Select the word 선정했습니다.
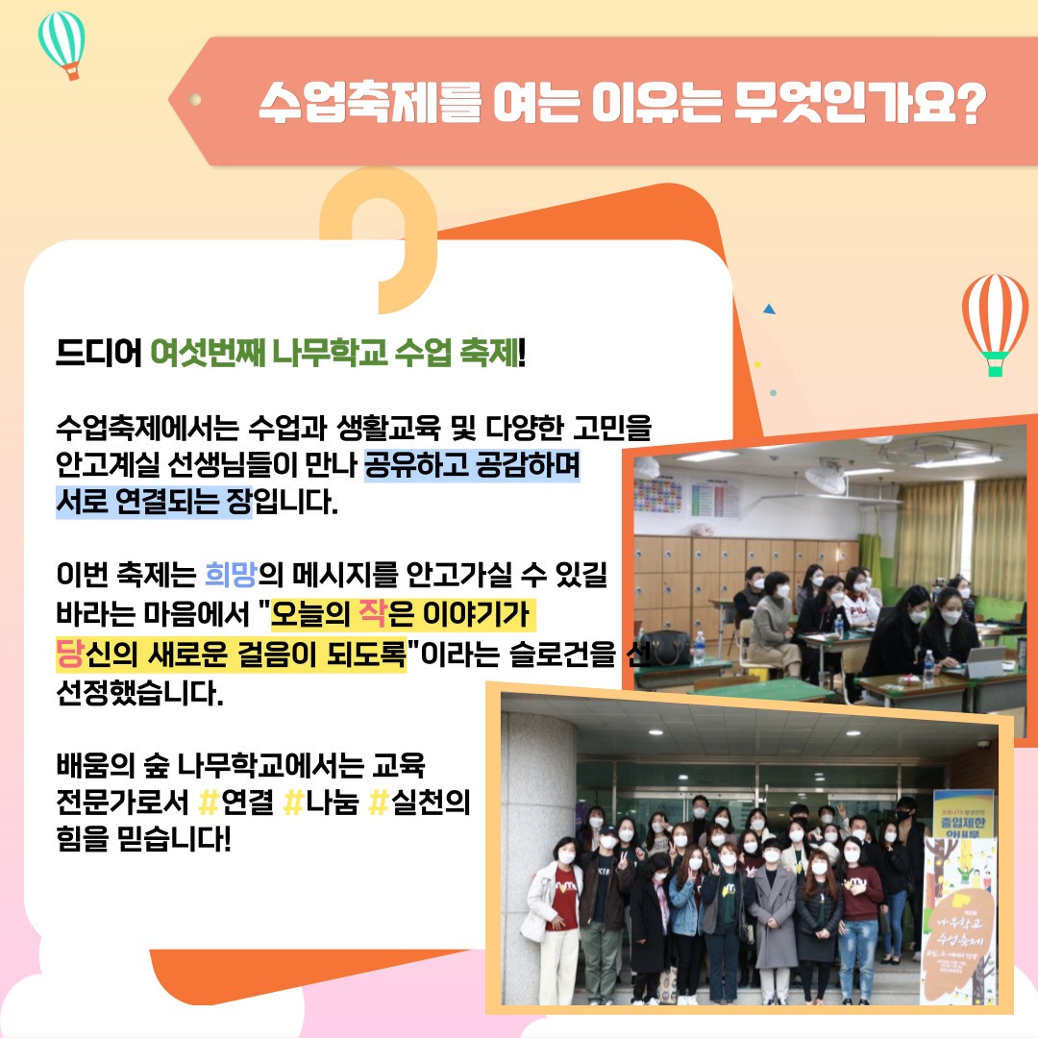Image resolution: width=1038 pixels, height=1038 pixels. pos(139,693)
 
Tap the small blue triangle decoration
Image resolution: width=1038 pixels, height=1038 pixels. pos(768,309)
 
